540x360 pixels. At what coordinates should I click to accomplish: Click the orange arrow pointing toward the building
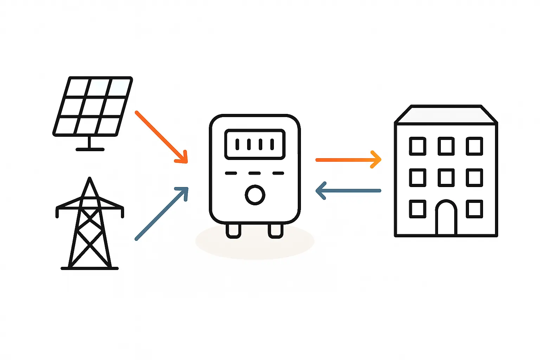(348, 160)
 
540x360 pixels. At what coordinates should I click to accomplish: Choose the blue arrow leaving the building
(348, 191)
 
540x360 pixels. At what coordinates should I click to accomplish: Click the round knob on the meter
(255, 195)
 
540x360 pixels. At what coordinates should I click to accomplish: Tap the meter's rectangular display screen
(255, 144)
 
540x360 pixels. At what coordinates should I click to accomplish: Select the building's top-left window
(418, 146)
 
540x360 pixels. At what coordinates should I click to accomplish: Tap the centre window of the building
(446, 177)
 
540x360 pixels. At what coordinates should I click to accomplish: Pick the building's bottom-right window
(474, 209)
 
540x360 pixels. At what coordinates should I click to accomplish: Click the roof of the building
(446, 115)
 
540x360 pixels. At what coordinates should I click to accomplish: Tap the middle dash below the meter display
(255, 173)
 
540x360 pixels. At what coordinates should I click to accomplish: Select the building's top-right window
(474, 146)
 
